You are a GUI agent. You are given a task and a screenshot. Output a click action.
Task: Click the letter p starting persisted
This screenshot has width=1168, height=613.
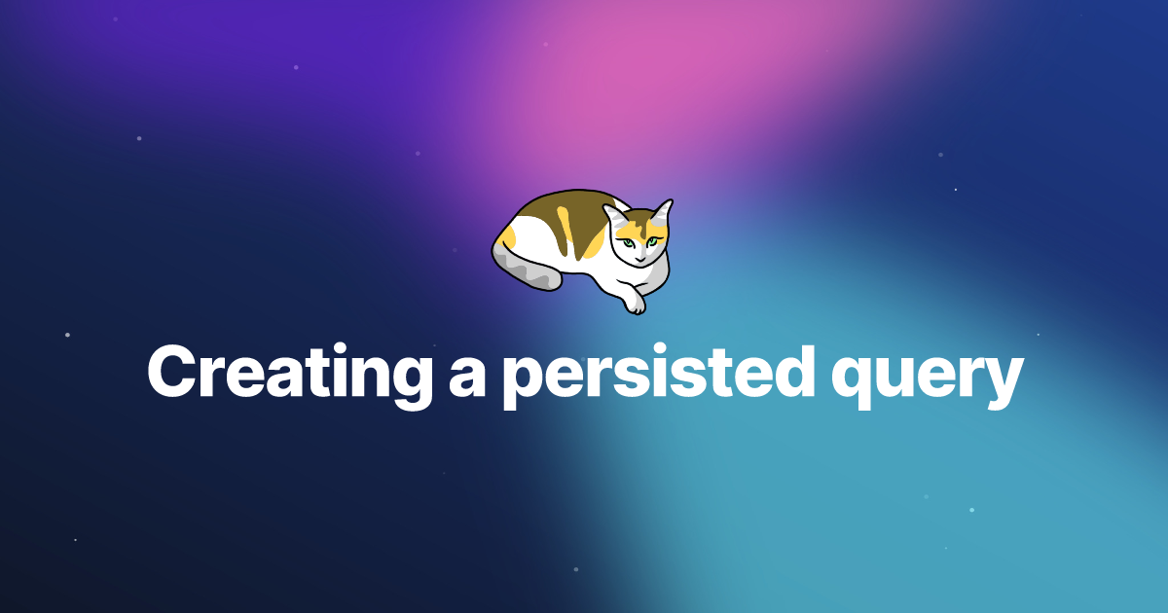pyautogui.click(x=525, y=383)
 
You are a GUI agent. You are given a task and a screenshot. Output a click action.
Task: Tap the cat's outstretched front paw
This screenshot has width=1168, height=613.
pyautogui.click(x=635, y=302)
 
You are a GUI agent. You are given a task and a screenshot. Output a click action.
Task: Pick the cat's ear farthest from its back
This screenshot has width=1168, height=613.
pyautogui.click(x=663, y=212)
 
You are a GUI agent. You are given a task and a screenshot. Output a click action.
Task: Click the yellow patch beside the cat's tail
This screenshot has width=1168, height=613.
pyautogui.click(x=507, y=238)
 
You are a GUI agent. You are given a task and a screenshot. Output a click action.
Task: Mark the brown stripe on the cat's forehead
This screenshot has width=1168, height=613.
pyautogui.click(x=639, y=225)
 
